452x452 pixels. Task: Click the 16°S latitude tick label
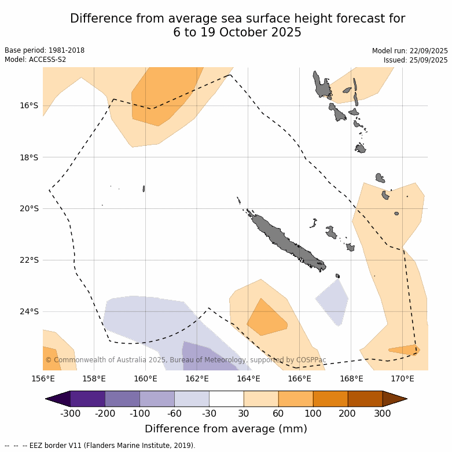pos(28,105)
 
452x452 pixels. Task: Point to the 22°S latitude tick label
pos(28,260)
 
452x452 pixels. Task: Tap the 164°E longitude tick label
pos(248,379)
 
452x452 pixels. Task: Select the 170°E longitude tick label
pos(402,379)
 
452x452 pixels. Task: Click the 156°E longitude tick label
pos(43,379)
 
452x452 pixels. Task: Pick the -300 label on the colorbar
pos(70,414)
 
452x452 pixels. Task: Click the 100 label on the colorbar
pos(313,414)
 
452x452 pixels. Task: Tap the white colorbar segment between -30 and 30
pos(226,399)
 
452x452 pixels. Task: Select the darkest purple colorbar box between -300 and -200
pos(87,399)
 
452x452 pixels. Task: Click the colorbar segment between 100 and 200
pos(330,399)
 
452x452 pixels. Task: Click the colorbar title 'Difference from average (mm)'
pos(226,429)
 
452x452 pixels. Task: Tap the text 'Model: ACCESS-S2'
pos(35,60)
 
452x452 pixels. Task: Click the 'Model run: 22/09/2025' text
pos(410,51)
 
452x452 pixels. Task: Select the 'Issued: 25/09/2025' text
pos(416,60)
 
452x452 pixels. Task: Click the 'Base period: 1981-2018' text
pos(45,50)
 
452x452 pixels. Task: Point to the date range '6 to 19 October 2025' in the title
pos(237,32)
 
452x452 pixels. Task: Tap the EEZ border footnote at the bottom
pos(100,446)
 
